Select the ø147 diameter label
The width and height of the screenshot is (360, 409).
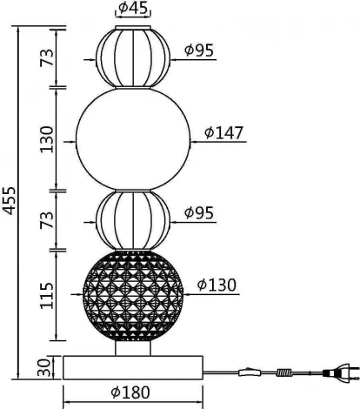223,133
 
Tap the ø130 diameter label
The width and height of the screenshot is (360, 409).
217,285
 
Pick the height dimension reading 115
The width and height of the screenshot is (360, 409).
46,295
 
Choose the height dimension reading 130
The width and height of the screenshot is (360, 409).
46,137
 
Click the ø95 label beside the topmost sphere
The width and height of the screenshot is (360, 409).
199,50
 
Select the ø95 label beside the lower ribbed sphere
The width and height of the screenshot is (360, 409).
199,211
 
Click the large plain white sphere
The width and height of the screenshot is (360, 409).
132,137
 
